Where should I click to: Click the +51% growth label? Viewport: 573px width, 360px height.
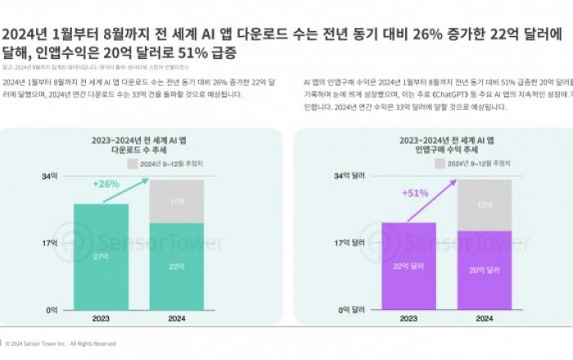[x=415, y=192]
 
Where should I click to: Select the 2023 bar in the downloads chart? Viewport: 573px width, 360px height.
[x=101, y=256]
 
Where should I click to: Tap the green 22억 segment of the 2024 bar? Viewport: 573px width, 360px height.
[x=176, y=266]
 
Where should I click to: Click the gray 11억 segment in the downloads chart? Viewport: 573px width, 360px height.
[x=176, y=201]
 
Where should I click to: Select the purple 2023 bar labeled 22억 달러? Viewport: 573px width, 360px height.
[x=409, y=266]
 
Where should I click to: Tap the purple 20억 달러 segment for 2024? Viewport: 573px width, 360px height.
[x=484, y=270]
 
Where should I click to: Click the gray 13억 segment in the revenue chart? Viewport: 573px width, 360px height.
[x=484, y=205]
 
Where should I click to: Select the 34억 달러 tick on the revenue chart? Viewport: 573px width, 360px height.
[x=349, y=176]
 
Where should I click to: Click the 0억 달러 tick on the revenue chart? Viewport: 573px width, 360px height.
[x=350, y=309]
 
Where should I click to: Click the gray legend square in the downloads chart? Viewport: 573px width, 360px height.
[x=132, y=164]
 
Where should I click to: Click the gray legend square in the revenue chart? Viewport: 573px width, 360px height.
[x=440, y=164]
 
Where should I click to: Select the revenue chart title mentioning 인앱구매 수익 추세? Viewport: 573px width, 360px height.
[x=447, y=146]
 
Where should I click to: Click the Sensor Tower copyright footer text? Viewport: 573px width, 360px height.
[x=61, y=344]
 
